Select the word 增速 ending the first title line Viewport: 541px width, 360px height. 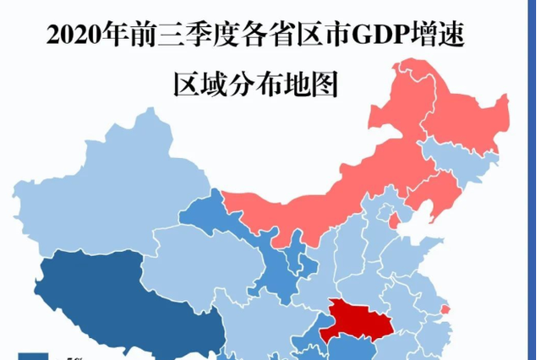click(x=440, y=36)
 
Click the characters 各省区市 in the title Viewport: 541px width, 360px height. click(x=287, y=36)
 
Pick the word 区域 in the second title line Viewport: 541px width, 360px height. click(x=196, y=85)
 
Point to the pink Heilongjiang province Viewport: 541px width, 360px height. click(x=461, y=110)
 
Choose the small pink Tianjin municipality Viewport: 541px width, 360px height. click(x=395, y=220)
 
